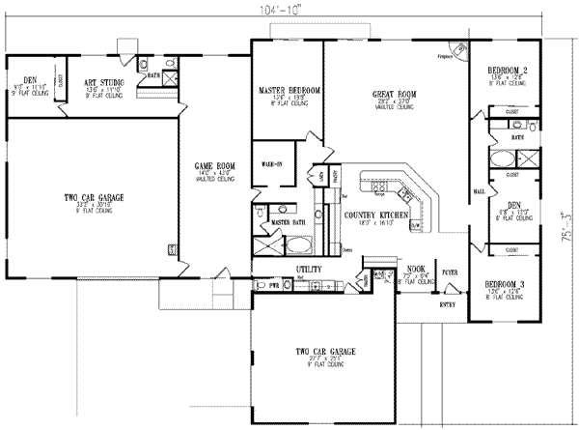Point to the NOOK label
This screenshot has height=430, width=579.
point(416,268)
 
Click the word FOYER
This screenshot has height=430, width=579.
point(451,272)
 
